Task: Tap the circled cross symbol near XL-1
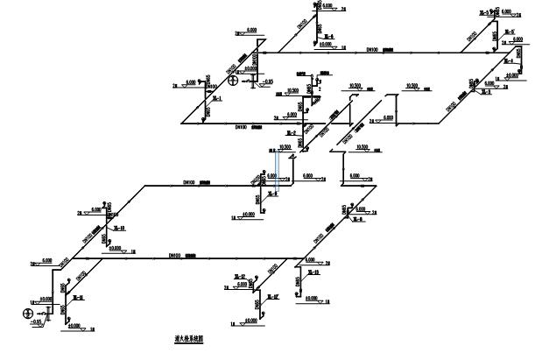pyautogui.click(x=234, y=82)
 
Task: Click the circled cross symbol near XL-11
pyautogui.click(x=29, y=312)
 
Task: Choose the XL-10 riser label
pyautogui.click(x=120, y=228)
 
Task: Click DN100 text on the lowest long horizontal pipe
pyautogui.click(x=174, y=256)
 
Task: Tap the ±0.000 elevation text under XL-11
pyautogui.click(x=73, y=326)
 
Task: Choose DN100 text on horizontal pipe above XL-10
pyautogui.click(x=188, y=181)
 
